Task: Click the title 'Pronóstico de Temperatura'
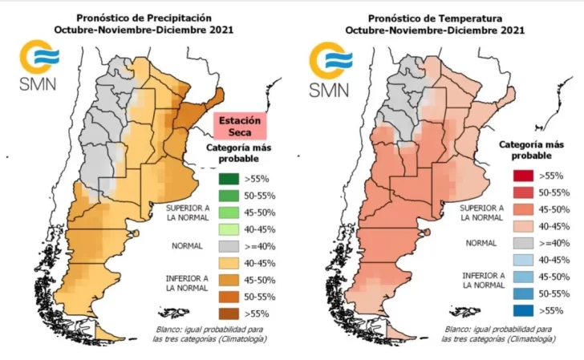[x=436, y=17]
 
